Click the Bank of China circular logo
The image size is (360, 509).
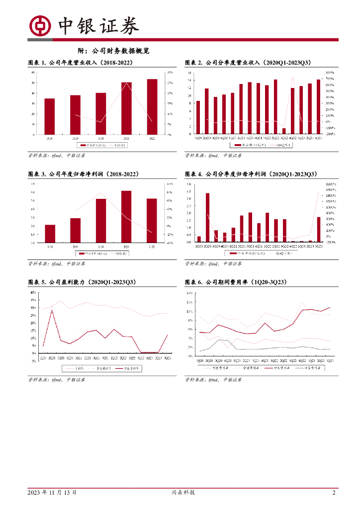pyautogui.click(x=40, y=26)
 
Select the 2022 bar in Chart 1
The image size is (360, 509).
pyautogui.click(x=152, y=107)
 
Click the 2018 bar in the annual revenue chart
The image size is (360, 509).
pyautogui.click(x=50, y=116)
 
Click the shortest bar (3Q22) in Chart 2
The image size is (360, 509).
pyautogui.click(x=284, y=131)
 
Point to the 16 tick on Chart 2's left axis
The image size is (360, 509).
pyautogui.click(x=189, y=73)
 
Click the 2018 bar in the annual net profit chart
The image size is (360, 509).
pyautogui.click(x=50, y=234)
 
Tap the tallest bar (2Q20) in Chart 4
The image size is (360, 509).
pyautogui.click(x=207, y=217)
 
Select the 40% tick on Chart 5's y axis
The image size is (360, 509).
pyautogui.click(x=33, y=293)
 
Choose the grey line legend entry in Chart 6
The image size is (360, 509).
pyautogui.click(x=304, y=368)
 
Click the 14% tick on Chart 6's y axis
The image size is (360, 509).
pyautogui.click(x=189, y=293)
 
